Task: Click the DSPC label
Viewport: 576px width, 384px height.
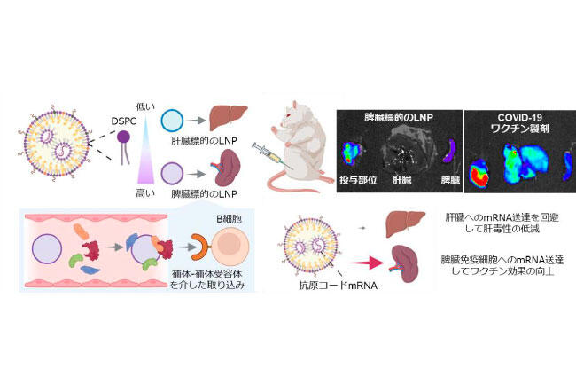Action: pos(123,121)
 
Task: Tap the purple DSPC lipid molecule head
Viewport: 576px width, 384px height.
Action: pos(123,137)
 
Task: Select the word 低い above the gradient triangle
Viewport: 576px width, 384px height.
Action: pos(145,106)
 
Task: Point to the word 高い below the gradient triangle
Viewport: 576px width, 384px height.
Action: pos(145,193)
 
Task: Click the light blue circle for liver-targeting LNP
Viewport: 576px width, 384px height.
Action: pos(172,120)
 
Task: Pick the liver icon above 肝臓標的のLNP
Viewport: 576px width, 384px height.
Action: pos(228,118)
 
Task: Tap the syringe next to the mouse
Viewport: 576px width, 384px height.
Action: pos(271,155)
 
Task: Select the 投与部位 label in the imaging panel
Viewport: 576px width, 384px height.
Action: pos(358,180)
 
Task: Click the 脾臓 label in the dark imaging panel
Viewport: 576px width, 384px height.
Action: pos(450,180)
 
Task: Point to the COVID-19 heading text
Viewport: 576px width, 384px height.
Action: pos(519,118)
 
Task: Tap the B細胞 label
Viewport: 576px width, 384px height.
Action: pos(229,219)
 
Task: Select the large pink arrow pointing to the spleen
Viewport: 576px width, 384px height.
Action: pos(366,263)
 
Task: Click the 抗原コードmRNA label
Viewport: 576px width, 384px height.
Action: pos(338,286)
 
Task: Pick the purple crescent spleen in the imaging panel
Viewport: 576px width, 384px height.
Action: pos(449,151)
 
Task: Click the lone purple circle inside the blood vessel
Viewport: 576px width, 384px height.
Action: pos(47,249)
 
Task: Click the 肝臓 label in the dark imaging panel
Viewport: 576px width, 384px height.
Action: pos(402,180)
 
